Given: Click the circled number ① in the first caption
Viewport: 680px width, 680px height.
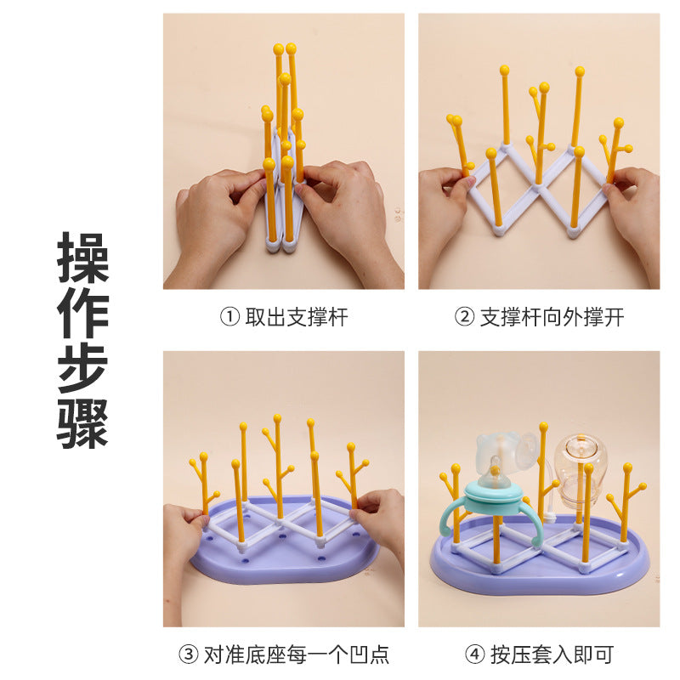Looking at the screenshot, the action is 229,316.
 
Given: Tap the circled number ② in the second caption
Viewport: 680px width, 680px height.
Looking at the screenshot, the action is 464,316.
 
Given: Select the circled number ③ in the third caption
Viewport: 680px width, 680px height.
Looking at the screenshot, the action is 189,654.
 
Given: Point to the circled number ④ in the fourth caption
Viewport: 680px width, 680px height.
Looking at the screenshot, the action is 474,654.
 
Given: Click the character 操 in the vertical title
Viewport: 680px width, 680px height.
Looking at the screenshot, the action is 82,258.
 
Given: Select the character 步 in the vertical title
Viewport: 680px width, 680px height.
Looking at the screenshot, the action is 82,368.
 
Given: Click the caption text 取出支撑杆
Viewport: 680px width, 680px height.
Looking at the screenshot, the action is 297,317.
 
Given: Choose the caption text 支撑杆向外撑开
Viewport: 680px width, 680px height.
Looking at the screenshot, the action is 552,317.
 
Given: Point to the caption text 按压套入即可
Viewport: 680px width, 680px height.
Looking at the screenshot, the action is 552,654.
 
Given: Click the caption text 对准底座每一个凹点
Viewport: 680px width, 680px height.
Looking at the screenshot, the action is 297,654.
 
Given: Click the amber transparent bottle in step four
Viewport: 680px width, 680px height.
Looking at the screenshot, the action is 581,473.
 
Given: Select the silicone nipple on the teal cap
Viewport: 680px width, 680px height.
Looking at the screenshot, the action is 495,473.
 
